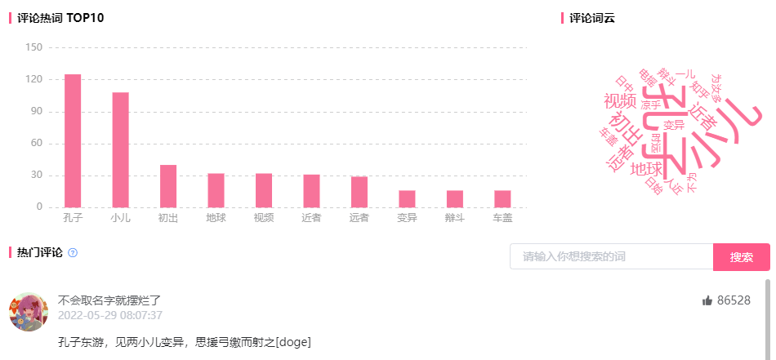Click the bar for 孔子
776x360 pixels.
coord(73,140)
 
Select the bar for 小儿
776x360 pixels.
coord(120,149)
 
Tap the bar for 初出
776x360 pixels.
coord(168,186)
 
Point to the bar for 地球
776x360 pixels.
coord(216,190)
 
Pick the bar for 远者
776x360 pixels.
coord(359,192)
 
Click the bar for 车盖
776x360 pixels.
coord(502,198)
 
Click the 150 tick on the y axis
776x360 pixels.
coord(33,47)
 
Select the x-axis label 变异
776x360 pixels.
coord(407,219)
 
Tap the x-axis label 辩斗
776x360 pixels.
coord(455,219)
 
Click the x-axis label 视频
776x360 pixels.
coord(264,219)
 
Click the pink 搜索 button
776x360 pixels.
coord(741,257)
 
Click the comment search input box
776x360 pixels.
coord(611,257)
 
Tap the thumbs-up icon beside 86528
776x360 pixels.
coord(707,301)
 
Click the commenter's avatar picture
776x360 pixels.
coord(28,312)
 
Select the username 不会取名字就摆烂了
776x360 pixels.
coord(109,300)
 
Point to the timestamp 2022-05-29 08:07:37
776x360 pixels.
coord(109,315)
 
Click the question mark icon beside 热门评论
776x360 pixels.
coord(73,253)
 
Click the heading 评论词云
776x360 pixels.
coord(592,18)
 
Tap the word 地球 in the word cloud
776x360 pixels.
coord(646,169)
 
